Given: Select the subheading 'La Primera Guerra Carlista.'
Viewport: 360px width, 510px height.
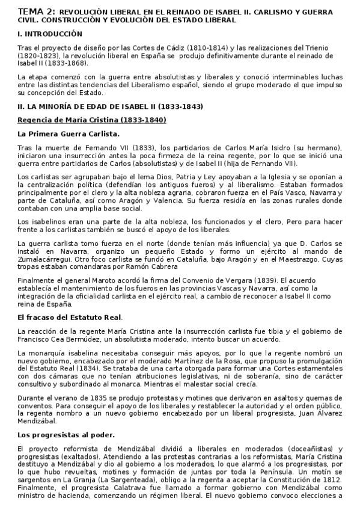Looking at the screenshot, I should [69, 134].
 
